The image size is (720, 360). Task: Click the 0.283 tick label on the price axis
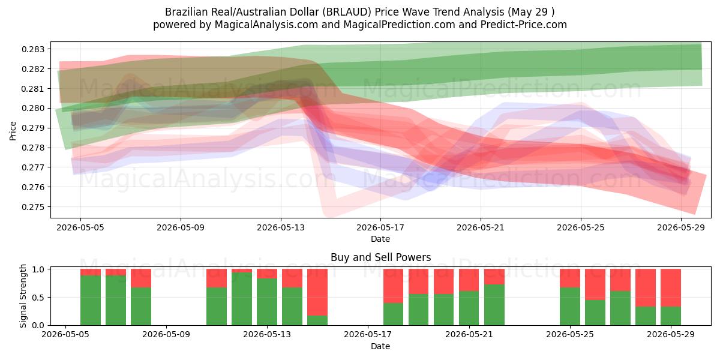(34, 49)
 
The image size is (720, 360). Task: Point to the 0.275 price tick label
(34, 206)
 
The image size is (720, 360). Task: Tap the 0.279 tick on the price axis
(34, 128)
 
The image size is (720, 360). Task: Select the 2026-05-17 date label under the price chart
(380, 227)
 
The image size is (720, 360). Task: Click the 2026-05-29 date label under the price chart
(681, 227)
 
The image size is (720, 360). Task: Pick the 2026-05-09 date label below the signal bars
(166, 334)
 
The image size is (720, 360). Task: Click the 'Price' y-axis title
(13, 131)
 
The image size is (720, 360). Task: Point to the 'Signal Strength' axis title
(23, 296)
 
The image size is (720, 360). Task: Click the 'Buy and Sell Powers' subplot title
(380, 257)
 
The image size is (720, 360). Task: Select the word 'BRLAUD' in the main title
(347, 12)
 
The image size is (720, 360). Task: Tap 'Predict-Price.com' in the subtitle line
(524, 25)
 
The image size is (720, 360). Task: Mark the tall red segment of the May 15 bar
(317, 292)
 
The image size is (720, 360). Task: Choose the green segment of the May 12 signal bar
(242, 299)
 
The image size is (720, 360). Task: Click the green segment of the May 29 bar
(671, 316)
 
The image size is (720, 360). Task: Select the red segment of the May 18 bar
(393, 286)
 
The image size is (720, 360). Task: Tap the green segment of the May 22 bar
(494, 305)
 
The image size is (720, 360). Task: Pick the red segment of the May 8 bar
(141, 278)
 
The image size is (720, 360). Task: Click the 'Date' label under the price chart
(380, 239)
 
